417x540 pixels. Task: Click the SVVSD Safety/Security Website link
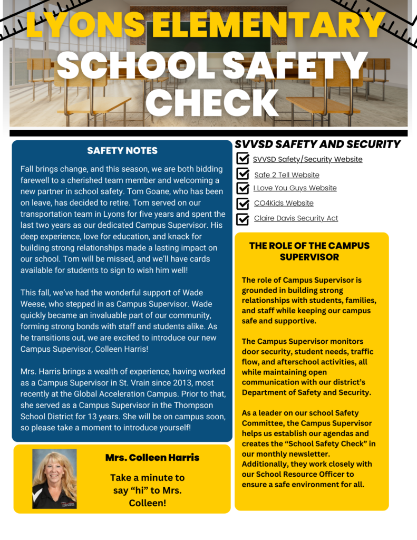307,159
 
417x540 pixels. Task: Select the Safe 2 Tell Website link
286,175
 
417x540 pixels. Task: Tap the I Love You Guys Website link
295,188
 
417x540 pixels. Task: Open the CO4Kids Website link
284,203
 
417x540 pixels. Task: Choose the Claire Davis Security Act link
296,218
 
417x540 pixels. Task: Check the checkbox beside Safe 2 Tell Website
243,174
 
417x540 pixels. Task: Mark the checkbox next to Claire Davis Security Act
243,218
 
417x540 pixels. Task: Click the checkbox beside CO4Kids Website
243,203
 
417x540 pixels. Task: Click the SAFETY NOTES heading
122,151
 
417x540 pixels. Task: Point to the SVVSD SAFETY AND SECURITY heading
317,144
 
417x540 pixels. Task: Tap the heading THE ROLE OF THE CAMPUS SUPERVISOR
309,252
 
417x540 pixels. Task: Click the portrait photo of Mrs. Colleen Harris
54,478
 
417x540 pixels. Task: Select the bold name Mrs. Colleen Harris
152,458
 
